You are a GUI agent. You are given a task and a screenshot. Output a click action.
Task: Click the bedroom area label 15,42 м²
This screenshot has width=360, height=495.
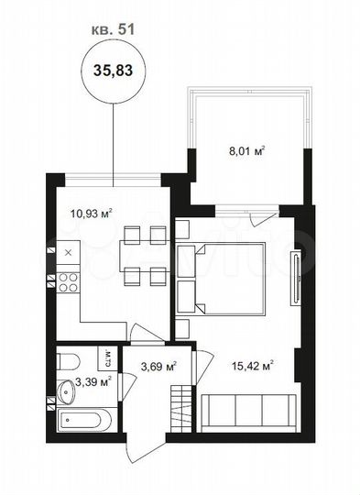click(x=254, y=367)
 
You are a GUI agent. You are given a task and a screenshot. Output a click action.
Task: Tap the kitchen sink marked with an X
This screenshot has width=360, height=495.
click(x=68, y=250)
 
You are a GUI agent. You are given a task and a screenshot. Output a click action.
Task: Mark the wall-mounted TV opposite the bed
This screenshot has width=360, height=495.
click(x=294, y=280)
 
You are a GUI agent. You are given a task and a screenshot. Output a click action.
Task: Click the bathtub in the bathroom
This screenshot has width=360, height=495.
click(x=84, y=422)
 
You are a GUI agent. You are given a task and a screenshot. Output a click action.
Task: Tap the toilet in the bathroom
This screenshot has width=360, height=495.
click(x=70, y=360)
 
